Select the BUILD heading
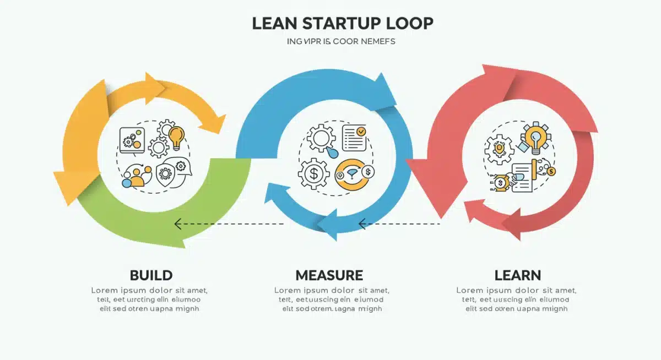coord(151,275)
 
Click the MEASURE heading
coord(329,275)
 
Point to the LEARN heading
coord(517,275)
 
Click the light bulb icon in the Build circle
coord(176,138)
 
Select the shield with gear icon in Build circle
coord(165,173)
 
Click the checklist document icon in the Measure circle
coord(354,138)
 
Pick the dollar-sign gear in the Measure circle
coord(313,174)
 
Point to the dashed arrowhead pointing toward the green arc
coord(178,224)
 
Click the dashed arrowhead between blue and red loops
coord(362,224)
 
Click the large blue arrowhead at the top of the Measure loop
coord(383,90)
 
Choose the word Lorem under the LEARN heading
coord(469,290)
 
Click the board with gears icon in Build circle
coord(132,140)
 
